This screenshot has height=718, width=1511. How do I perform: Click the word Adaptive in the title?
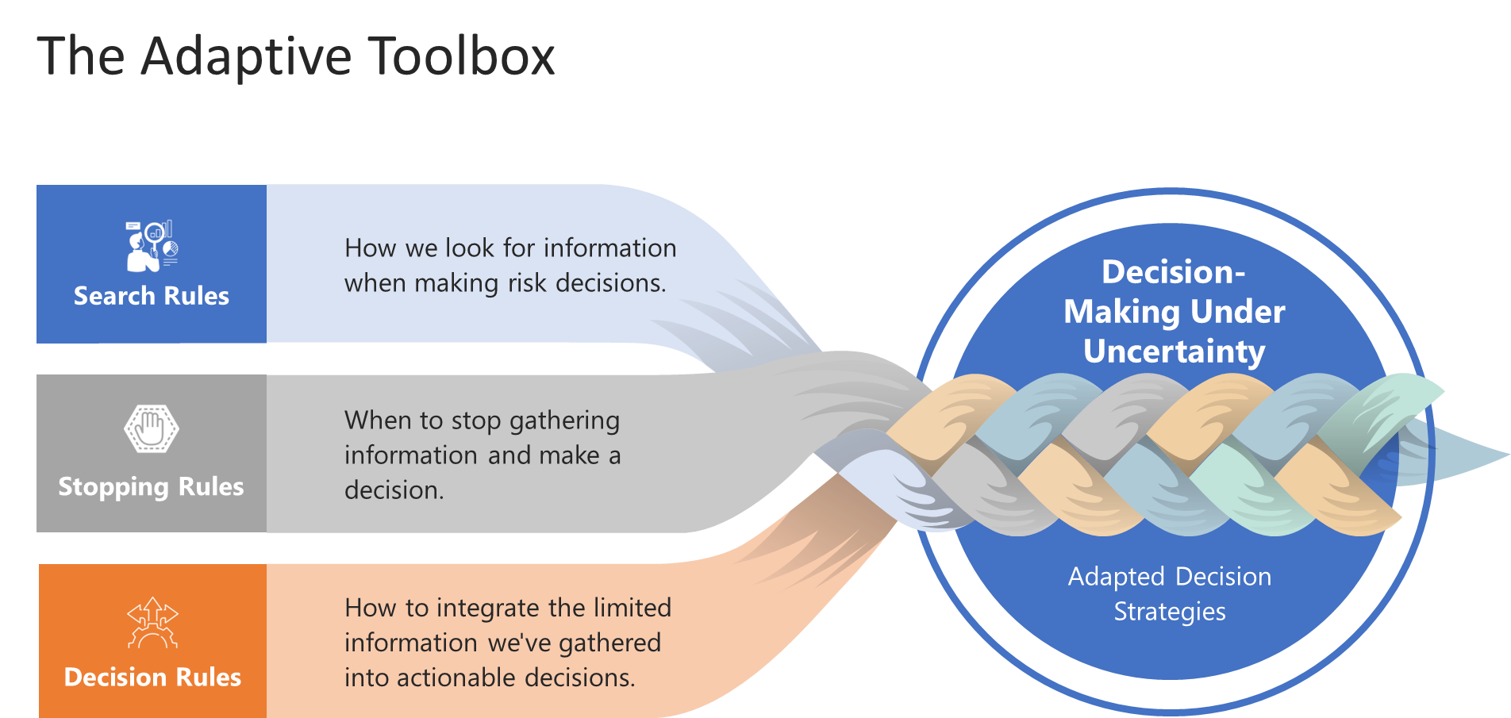pyautogui.click(x=246, y=57)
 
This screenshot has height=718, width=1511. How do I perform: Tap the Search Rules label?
pyautogui.click(x=151, y=296)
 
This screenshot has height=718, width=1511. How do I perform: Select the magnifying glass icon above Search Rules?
pyautogui.click(x=152, y=245)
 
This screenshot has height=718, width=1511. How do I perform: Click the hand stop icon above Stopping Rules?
pyautogui.click(x=151, y=429)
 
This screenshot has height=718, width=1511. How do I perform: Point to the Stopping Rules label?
pyautogui.click(x=151, y=486)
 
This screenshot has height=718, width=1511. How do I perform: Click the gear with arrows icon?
pyautogui.click(x=152, y=624)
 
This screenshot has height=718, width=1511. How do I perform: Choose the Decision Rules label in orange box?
pyautogui.click(x=152, y=677)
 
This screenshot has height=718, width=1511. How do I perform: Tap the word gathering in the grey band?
pyautogui.click(x=564, y=420)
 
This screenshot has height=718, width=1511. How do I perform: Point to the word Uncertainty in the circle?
pyautogui.click(x=1174, y=351)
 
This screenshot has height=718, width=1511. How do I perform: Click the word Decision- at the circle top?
pyautogui.click(x=1174, y=272)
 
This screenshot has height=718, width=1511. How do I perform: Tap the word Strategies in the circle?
pyautogui.click(x=1169, y=612)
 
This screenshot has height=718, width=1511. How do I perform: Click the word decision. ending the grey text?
pyautogui.click(x=394, y=490)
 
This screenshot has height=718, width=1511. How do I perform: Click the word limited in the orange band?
pyautogui.click(x=632, y=608)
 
